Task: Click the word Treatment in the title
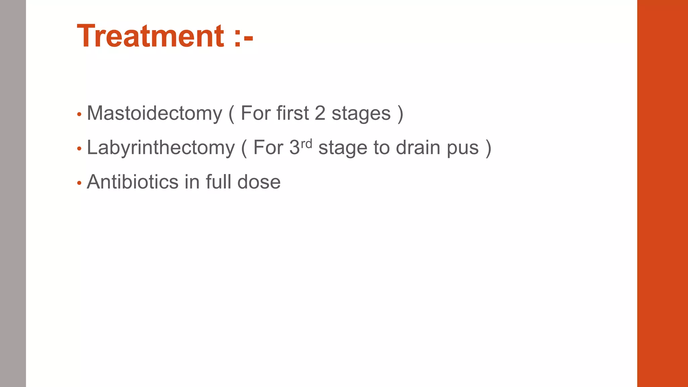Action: pos(150,36)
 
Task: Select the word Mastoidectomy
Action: pos(155,113)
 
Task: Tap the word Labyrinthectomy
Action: pos(161,148)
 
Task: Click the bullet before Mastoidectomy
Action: pos(79,115)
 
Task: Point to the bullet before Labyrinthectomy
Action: pos(79,149)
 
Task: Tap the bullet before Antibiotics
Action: pos(79,183)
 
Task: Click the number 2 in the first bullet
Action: pos(320,113)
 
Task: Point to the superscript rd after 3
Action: pos(306,143)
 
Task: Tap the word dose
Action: pos(259,182)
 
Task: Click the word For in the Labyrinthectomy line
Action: pos(268,148)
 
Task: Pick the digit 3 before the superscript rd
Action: pos(294,148)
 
